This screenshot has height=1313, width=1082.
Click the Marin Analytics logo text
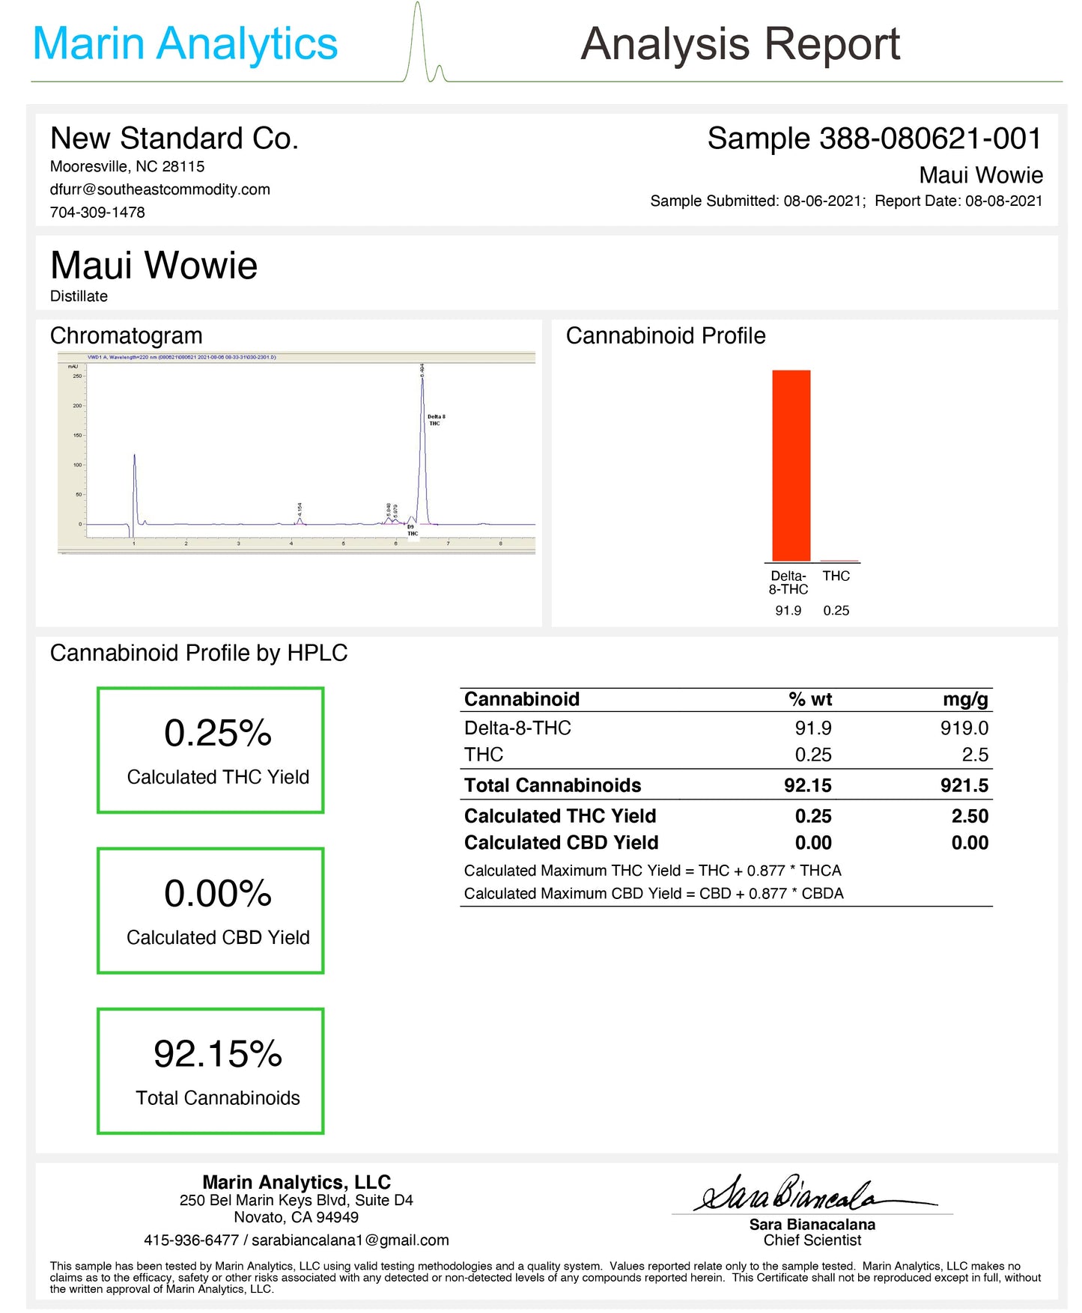[185, 43]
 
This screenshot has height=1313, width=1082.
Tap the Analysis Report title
[740, 43]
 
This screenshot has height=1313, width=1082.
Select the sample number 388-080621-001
[930, 138]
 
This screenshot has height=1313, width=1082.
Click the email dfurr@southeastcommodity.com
[159, 189]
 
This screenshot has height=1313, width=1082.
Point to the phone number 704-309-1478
[97, 212]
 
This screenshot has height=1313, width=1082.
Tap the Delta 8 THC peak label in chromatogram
[436, 420]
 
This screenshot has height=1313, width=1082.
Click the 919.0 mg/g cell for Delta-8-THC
[964, 728]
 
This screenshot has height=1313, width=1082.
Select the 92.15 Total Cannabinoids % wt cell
[807, 785]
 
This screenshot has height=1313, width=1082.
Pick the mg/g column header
[965, 699]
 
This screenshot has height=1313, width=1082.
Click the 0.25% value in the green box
[217, 733]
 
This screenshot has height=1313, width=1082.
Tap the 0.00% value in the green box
[217, 893]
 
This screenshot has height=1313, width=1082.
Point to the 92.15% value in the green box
[217, 1054]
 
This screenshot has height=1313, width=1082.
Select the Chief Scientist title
[812, 1240]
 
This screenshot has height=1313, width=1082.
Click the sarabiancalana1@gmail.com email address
[350, 1240]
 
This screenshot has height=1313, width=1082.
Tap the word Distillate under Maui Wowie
[79, 296]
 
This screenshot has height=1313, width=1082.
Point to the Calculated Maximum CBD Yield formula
[653, 893]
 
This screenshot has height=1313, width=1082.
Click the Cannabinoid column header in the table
[522, 699]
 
